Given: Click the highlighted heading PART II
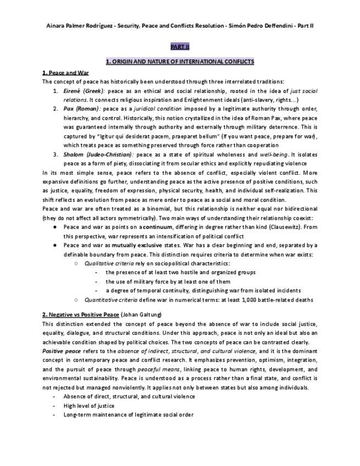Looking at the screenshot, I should click(180, 48).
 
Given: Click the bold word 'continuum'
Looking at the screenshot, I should click(157, 227).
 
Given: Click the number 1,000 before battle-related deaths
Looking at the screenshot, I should click(243, 299).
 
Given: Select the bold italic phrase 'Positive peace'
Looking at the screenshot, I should click(60, 351).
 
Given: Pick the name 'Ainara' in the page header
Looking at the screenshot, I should click(58, 25).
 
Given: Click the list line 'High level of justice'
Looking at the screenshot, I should click(89, 405).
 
